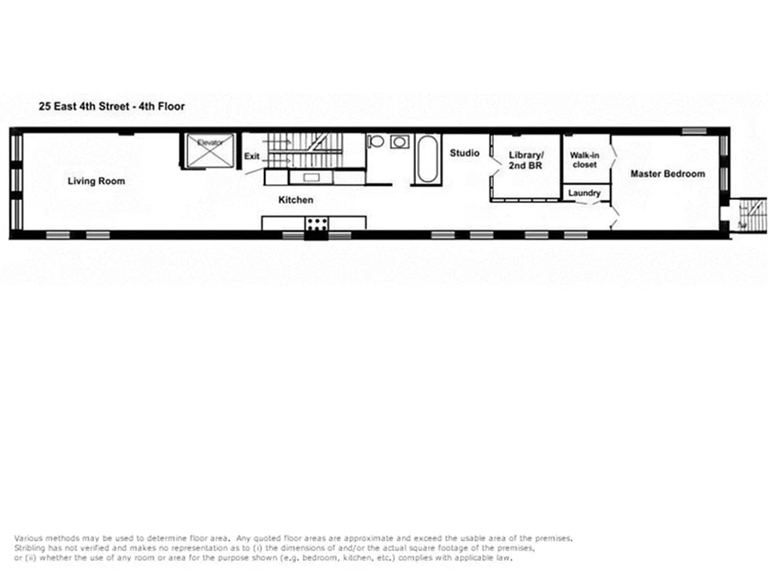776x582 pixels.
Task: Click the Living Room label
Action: pyautogui.click(x=96, y=181)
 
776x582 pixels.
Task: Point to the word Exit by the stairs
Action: pyautogui.click(x=252, y=156)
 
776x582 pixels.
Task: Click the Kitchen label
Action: pyautogui.click(x=296, y=199)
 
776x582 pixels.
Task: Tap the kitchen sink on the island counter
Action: pyautogui.click(x=311, y=177)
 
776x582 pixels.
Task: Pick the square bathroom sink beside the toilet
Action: pyautogui.click(x=399, y=141)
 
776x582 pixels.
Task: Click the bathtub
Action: pyautogui.click(x=426, y=159)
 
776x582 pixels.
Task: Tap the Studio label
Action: pyautogui.click(x=464, y=154)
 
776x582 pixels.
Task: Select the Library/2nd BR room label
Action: pyautogui.click(x=526, y=160)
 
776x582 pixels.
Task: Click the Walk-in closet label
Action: pyautogui.click(x=583, y=160)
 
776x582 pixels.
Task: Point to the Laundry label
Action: pyautogui.click(x=584, y=194)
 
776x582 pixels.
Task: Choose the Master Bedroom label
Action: pyautogui.click(x=667, y=174)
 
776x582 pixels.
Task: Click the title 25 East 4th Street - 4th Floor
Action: pyautogui.click(x=112, y=106)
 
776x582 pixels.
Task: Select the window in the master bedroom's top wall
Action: pyautogui.click(x=693, y=131)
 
